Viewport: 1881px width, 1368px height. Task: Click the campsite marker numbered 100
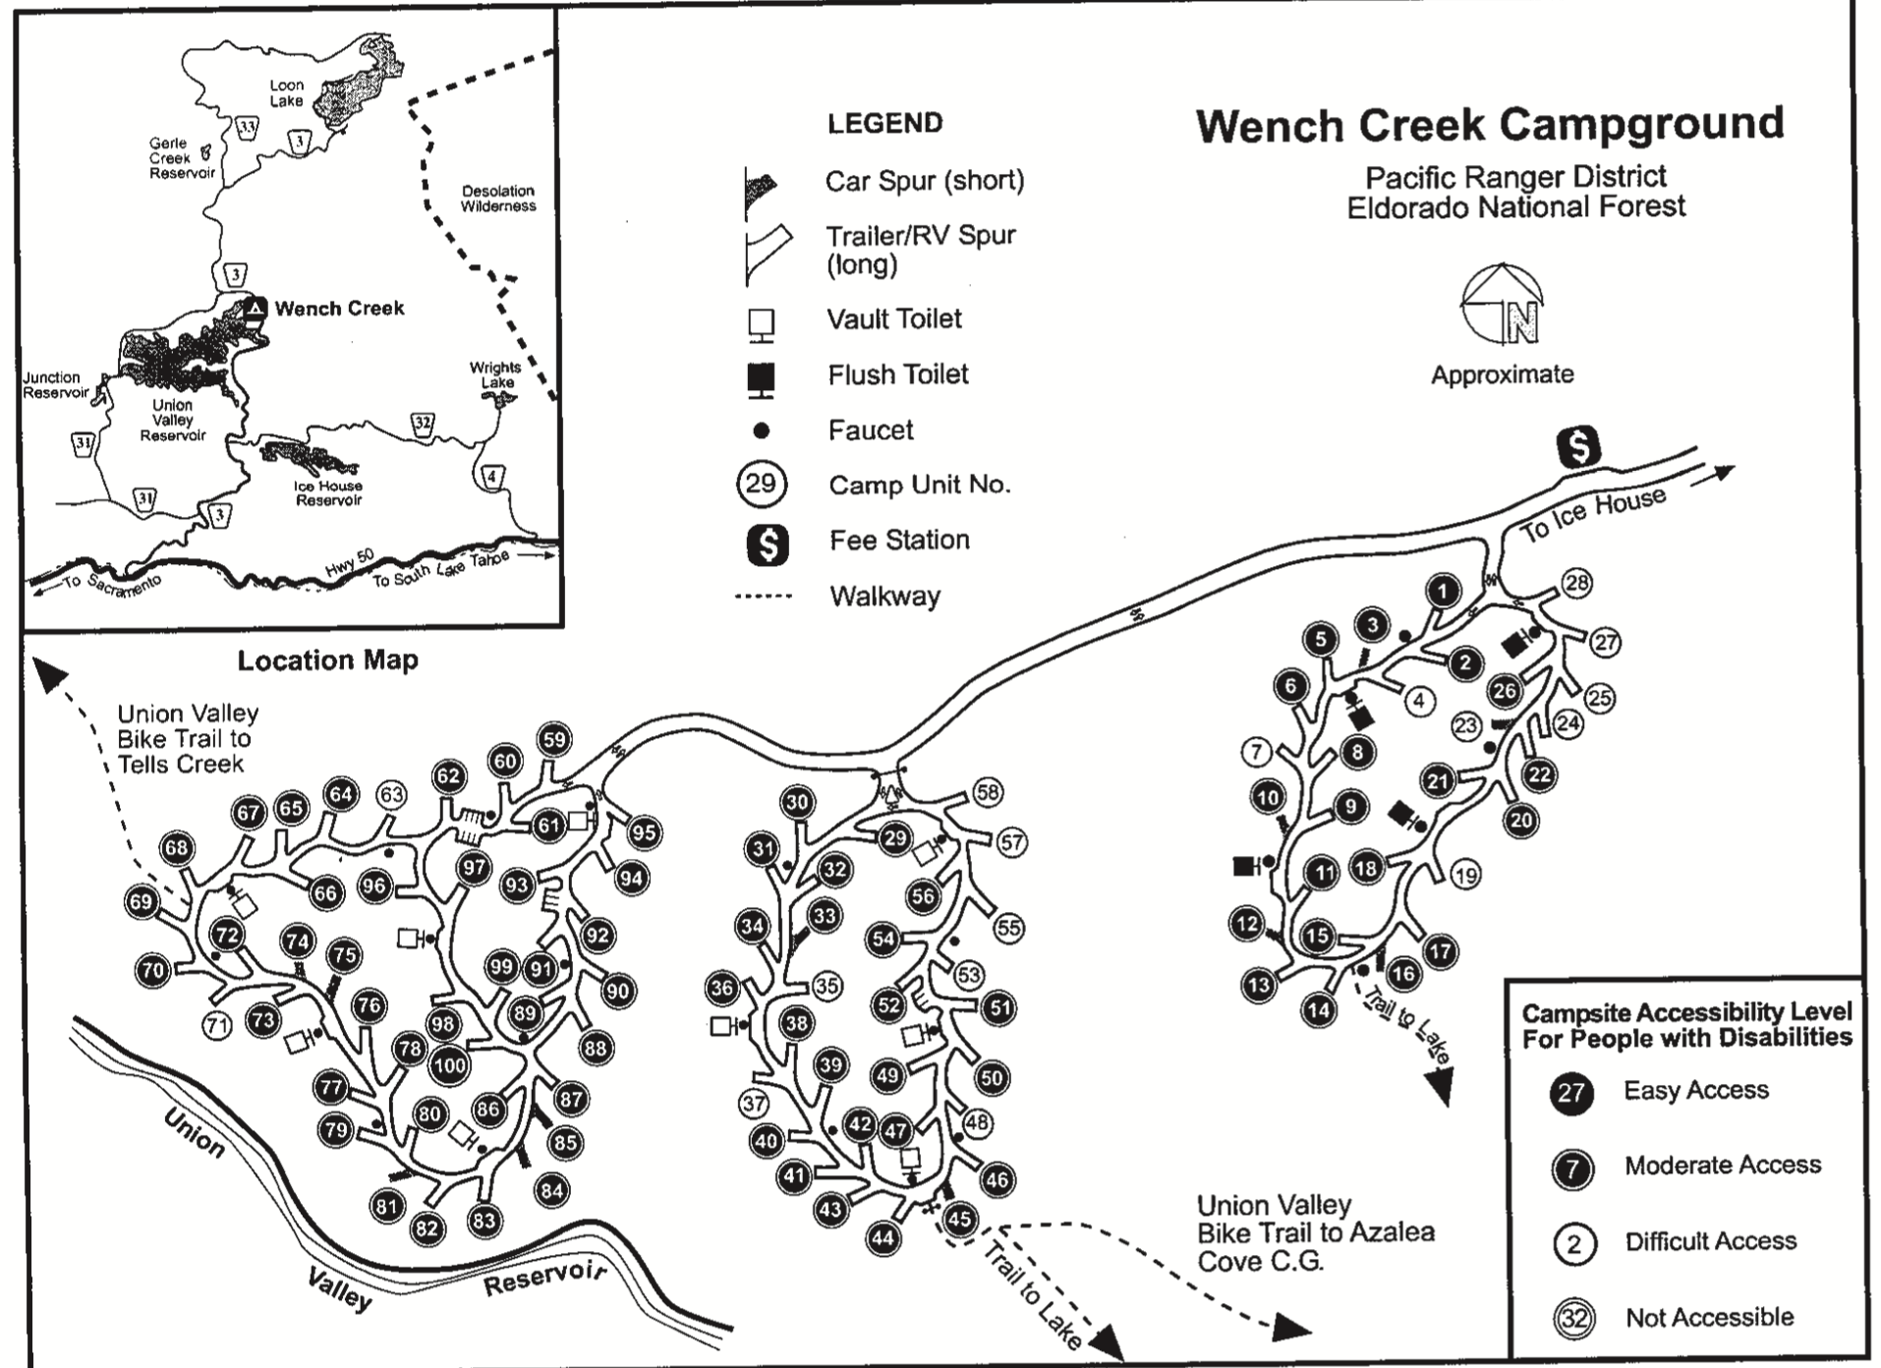[x=449, y=1065]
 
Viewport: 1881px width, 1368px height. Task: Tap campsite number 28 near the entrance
[x=1575, y=583]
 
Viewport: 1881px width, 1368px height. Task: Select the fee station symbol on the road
[x=1577, y=447]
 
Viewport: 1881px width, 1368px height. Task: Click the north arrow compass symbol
[x=1502, y=306]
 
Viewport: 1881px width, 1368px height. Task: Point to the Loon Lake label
[x=287, y=93]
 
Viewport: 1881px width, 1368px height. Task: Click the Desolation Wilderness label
[x=498, y=199]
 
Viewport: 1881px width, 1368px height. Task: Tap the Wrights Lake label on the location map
[x=495, y=374]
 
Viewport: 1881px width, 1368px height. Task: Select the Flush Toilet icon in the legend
[x=762, y=378]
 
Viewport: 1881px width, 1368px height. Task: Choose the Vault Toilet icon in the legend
[x=762, y=323]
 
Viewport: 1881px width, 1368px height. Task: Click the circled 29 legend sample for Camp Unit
[x=761, y=484]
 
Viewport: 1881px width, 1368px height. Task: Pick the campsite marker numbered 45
[x=958, y=1220]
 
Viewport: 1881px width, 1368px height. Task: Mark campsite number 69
[x=142, y=902]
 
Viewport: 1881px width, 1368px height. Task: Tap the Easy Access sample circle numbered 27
[x=1571, y=1093]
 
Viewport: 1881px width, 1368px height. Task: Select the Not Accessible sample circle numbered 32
[x=1573, y=1318]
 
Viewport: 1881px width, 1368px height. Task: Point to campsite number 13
[x=1259, y=985]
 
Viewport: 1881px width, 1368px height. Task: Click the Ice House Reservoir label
[x=328, y=493]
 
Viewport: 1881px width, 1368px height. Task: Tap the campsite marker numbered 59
[x=554, y=740]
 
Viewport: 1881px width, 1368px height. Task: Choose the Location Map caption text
[x=327, y=660]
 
